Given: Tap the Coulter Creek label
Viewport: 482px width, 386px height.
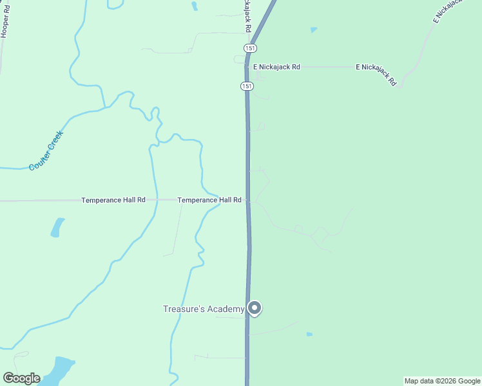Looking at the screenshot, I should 46,151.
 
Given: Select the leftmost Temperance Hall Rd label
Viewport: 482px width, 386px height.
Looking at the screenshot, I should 113,200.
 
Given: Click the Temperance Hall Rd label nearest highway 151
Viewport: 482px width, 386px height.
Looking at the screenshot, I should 209,200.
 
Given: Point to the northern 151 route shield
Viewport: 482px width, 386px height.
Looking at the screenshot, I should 250,48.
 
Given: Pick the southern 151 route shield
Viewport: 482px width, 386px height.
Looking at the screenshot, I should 246,86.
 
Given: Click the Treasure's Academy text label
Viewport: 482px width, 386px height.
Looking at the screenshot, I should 203,309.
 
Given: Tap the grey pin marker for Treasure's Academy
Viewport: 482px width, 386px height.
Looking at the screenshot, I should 255,309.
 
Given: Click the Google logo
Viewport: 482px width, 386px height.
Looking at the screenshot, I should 21,378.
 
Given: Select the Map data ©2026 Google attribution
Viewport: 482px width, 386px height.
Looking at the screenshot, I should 442,381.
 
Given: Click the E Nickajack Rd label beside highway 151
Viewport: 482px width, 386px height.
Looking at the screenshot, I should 276,67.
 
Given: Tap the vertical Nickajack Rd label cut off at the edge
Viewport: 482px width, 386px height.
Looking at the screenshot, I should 246,17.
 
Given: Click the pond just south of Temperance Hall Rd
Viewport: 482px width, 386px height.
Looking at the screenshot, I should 57,227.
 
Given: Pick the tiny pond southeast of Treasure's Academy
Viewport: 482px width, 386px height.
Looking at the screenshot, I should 309,334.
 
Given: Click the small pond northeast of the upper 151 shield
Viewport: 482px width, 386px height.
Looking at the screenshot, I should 314,30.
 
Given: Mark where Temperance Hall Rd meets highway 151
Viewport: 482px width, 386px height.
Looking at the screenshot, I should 248,200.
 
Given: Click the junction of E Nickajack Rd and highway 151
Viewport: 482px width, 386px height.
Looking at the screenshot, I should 247,67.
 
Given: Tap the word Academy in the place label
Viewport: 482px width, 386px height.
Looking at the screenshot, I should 226,309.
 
